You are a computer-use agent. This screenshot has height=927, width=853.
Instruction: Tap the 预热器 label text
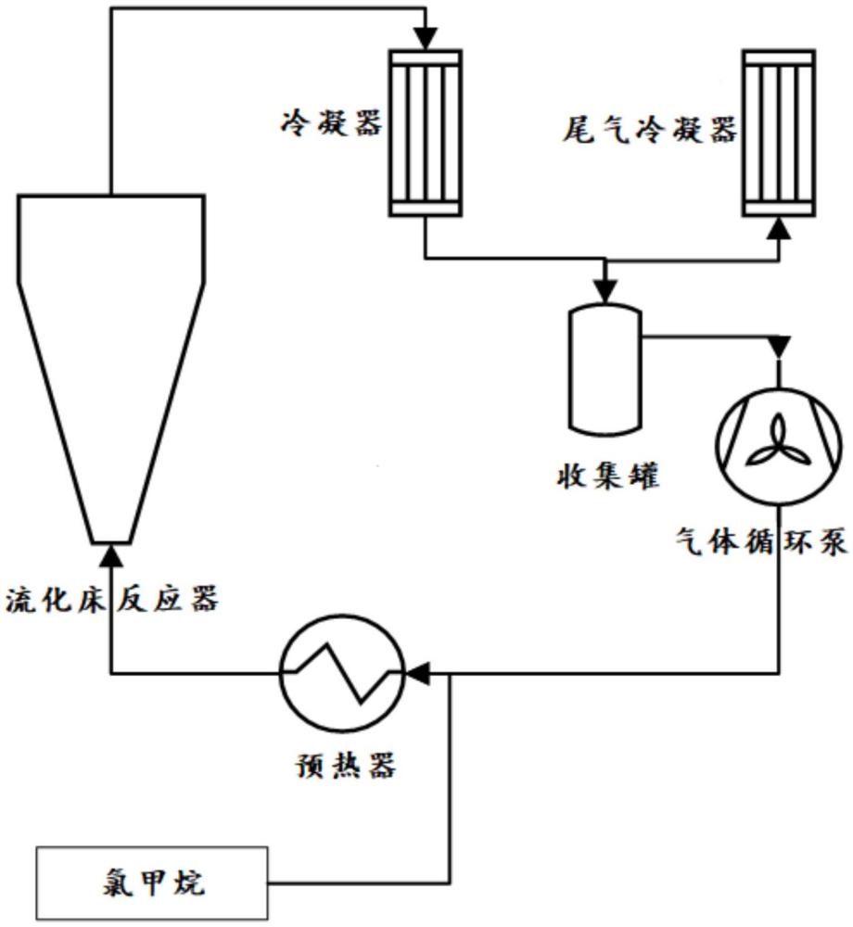point(342,767)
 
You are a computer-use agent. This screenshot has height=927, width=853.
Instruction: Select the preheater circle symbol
point(342,672)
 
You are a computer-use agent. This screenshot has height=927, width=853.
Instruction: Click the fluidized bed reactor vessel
point(110,352)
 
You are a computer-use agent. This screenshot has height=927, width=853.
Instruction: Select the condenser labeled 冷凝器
point(424,133)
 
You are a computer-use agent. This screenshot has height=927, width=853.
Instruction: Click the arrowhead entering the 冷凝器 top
point(424,40)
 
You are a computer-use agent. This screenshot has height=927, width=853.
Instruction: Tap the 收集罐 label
point(605,476)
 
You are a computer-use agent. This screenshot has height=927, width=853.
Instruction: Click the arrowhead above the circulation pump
point(779,347)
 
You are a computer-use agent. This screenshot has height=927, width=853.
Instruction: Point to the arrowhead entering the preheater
point(419,672)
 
